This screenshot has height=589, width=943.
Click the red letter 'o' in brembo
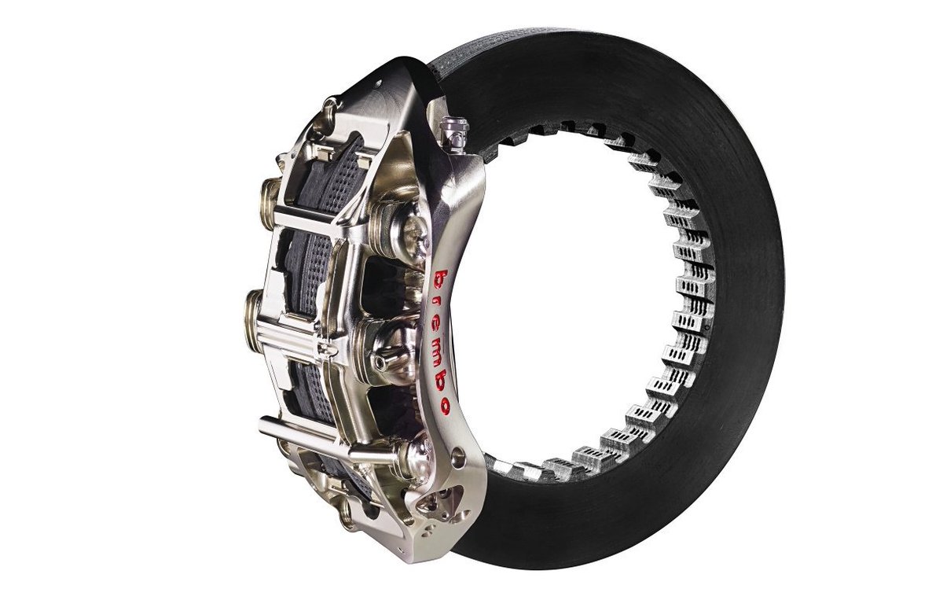[x=443, y=404]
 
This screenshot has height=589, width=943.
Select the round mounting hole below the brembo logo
[x=458, y=455]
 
